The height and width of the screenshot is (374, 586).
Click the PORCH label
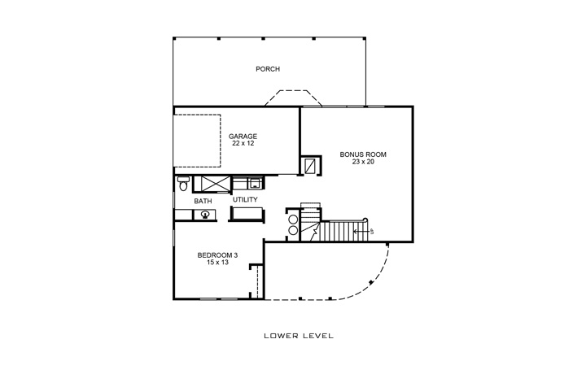click(x=268, y=69)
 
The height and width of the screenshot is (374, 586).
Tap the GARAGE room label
click(x=242, y=136)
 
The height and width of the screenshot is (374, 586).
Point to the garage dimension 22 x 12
click(x=242, y=143)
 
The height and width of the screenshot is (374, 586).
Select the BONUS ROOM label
click(x=362, y=154)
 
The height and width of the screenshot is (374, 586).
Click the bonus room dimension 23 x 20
click(x=362, y=161)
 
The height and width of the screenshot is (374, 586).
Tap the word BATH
click(x=203, y=201)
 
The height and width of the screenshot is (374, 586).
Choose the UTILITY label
click(x=245, y=199)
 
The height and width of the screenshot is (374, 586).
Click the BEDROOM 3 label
click(x=217, y=255)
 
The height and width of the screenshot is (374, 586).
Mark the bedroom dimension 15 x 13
click(x=217, y=263)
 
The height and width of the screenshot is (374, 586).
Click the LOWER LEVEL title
click(x=294, y=335)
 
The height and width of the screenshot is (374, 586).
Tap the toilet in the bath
click(x=182, y=183)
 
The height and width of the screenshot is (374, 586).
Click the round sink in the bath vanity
click(x=206, y=215)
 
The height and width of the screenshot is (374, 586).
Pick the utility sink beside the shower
click(x=253, y=182)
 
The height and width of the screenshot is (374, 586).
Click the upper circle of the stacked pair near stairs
click(x=293, y=219)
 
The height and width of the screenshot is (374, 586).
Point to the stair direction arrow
click(x=362, y=232)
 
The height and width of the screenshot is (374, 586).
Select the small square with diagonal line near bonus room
click(x=311, y=166)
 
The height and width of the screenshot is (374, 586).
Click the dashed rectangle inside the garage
click(x=198, y=138)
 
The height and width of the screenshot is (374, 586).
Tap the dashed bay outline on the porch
click(x=293, y=98)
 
